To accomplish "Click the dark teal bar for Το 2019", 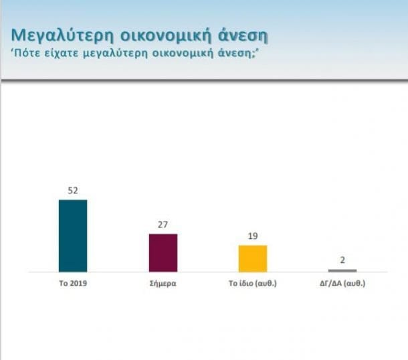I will [73, 236].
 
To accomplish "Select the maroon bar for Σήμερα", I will [163, 253].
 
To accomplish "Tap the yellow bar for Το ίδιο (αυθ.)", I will [253, 258].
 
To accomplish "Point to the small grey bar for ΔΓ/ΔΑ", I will [342, 270].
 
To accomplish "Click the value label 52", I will [73, 190].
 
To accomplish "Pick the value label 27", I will [163, 224].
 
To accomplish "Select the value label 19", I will [253, 236].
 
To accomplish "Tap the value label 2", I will [342, 260].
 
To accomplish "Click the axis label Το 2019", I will [73, 283].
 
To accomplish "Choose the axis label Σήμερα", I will [163, 283].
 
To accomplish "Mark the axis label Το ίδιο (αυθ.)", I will [253, 283].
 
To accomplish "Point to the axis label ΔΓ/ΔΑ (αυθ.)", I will [342, 283].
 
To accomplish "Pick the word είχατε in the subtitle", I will [64, 53].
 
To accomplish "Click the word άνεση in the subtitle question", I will [237, 53].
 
